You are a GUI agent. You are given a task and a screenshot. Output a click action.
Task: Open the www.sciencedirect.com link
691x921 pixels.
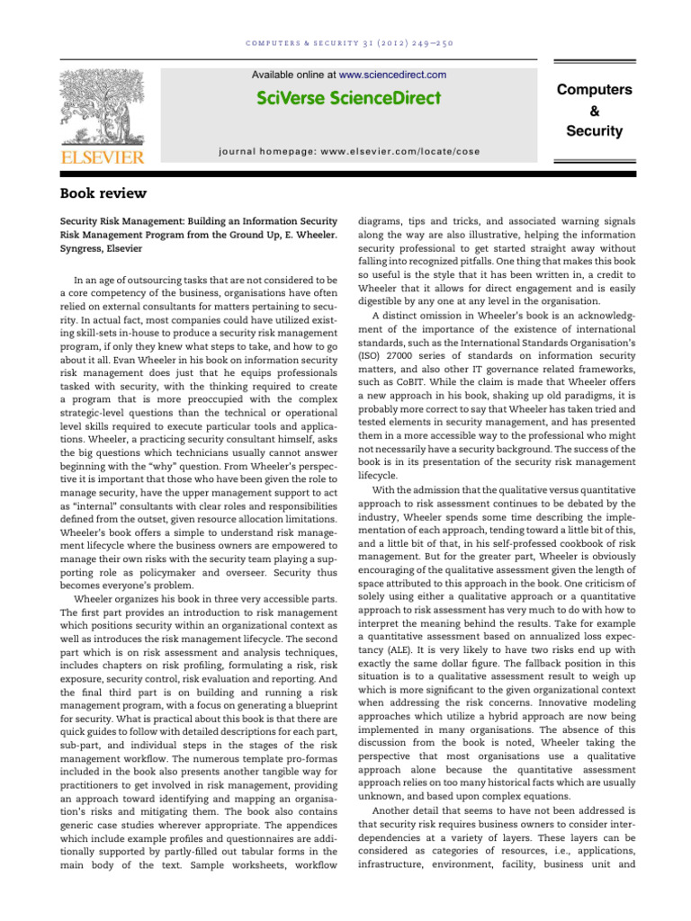[392, 75]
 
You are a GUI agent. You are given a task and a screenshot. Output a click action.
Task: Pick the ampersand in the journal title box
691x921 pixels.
[594, 111]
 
